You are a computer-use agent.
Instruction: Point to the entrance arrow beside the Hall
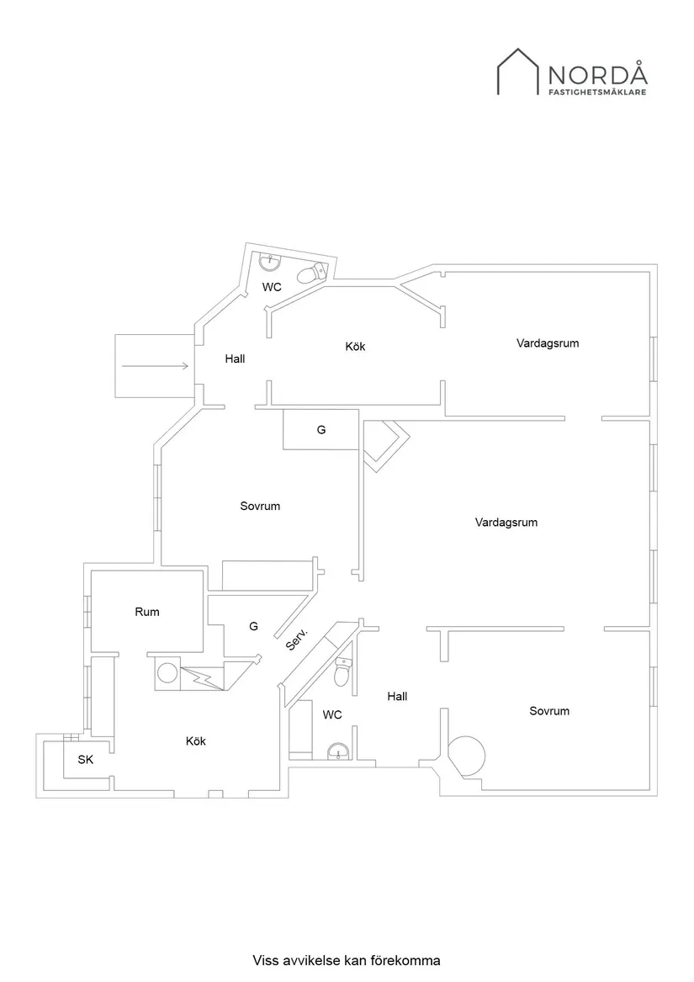(155, 366)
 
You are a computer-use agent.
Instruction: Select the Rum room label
(147, 612)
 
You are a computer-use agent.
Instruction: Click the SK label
(85, 760)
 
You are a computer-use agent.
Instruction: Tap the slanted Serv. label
(297, 639)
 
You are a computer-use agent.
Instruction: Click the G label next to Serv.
(253, 626)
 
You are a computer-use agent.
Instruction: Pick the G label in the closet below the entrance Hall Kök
(321, 429)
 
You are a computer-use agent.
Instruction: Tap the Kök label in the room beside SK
(195, 741)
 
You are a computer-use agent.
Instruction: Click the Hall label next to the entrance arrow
(235, 358)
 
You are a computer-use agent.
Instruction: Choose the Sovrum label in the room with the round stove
(548, 711)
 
